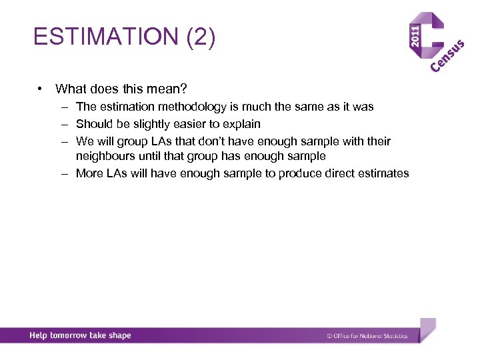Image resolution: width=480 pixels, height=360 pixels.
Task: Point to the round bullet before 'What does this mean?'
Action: [x=41, y=89]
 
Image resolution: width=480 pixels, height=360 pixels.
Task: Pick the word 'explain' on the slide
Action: [x=241, y=124]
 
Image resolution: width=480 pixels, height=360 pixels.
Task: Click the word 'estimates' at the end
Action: [x=384, y=173]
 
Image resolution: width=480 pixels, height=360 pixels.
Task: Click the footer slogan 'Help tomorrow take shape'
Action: [x=80, y=335]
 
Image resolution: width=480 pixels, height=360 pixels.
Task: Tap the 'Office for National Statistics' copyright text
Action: [x=367, y=336]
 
